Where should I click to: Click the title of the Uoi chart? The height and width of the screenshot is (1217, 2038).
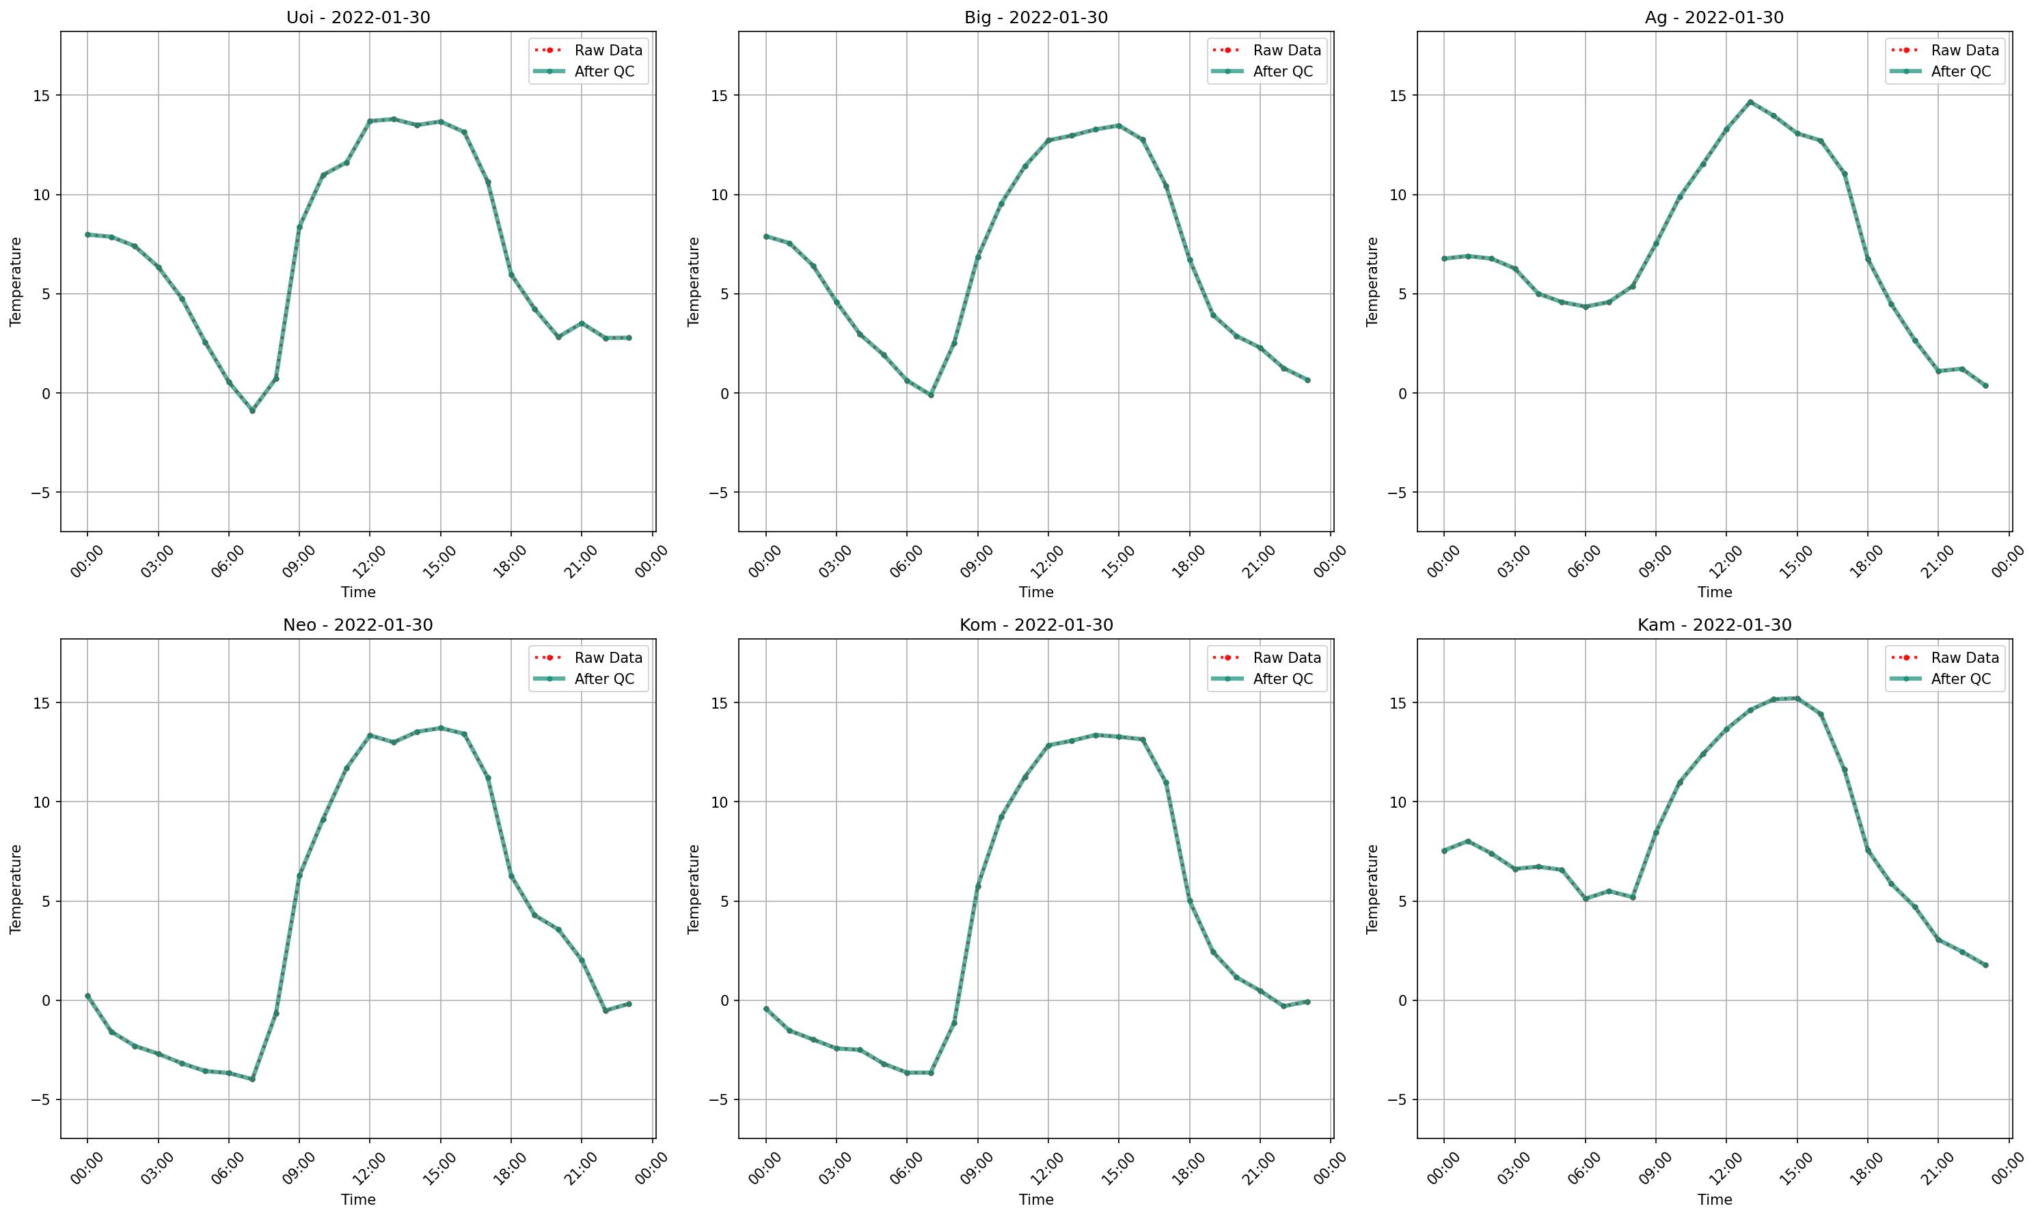[x=357, y=17]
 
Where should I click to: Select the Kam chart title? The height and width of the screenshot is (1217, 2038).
[x=1714, y=625]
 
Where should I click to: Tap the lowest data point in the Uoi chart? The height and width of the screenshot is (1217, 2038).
[x=253, y=410]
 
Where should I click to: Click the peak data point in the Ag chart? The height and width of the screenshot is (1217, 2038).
[x=1750, y=102]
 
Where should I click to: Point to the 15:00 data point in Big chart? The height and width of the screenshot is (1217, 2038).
[x=1118, y=126]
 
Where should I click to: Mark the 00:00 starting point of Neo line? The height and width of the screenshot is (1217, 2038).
[x=87, y=996]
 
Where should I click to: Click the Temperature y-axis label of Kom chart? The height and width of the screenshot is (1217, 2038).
[x=694, y=889]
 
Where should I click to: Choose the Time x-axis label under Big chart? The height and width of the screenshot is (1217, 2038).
[x=1036, y=592]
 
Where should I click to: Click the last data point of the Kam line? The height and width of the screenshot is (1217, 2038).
[x=1985, y=966]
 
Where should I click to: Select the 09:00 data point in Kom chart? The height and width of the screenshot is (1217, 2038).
[x=977, y=886]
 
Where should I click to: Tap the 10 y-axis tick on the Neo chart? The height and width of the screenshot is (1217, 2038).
[x=41, y=802]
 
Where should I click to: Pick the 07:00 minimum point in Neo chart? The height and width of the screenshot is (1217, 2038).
[x=253, y=1079]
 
